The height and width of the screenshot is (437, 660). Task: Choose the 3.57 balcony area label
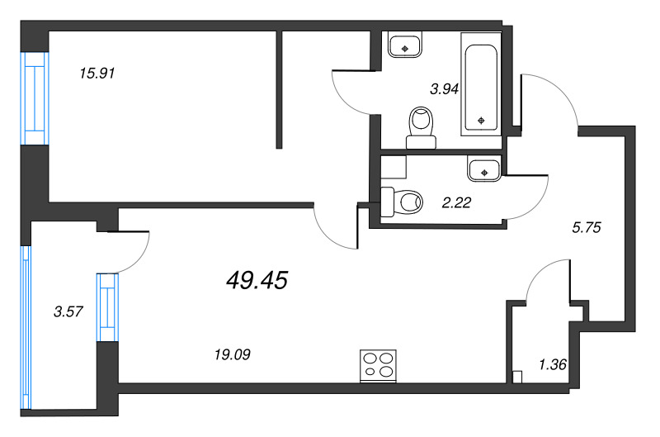point(68,311)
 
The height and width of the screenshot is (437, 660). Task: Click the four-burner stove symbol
point(378,366)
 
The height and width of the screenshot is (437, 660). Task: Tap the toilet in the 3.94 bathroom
point(422,127)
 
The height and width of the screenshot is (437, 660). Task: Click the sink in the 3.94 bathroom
point(404,45)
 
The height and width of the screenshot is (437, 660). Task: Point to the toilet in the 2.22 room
point(402,201)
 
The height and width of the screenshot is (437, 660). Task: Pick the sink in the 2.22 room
point(483,169)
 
